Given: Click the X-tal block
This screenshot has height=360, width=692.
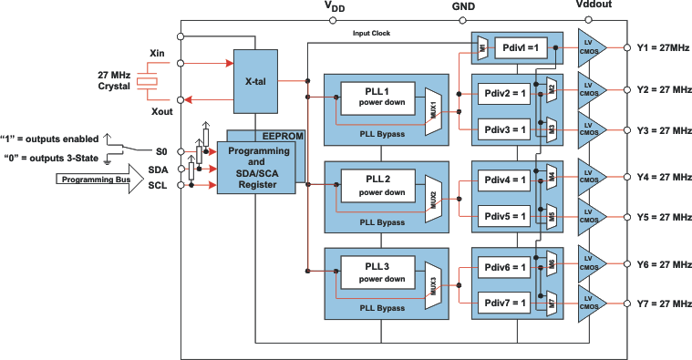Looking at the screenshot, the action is point(255,82).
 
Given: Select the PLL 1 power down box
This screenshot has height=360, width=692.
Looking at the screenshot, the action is point(377,98).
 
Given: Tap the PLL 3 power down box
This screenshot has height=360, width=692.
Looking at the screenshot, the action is point(377,273).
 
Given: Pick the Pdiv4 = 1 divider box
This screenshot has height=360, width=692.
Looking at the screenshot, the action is point(504,180).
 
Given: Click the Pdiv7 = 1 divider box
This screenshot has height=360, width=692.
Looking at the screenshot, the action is point(504,303).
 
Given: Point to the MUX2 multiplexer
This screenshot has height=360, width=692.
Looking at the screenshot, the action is point(433,199).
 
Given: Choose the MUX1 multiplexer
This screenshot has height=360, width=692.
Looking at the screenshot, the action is point(433,111).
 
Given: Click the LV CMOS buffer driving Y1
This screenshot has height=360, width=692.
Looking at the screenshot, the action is point(593,48).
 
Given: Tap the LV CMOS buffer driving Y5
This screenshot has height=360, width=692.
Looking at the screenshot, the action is point(593,217).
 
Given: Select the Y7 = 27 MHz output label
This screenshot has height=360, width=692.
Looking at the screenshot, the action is point(665,303).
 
